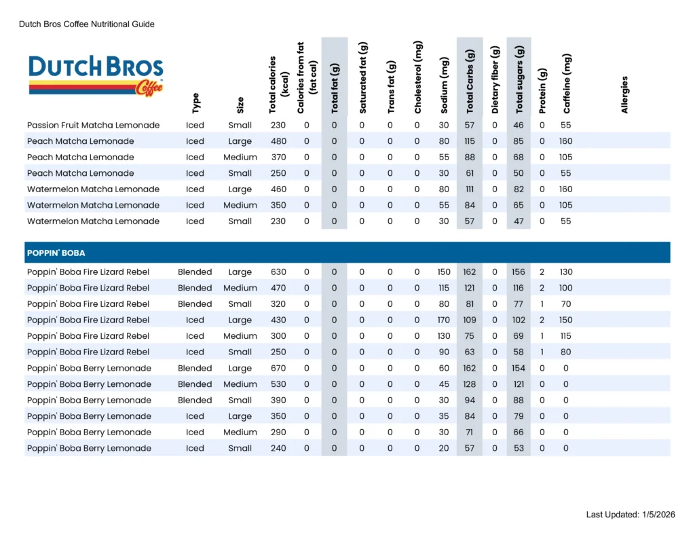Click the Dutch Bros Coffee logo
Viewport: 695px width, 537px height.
pos(96,75)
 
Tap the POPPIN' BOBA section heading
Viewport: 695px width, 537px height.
pos(56,253)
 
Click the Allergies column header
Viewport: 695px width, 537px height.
pos(624,94)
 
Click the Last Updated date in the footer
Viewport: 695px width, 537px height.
pos(631,515)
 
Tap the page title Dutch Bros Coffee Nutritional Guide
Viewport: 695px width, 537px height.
pos(87,24)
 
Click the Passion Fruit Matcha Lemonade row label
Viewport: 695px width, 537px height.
pos(94,125)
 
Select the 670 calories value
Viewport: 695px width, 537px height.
pos(278,368)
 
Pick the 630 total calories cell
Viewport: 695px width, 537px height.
pos(278,272)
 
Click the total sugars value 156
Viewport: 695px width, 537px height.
pos(519,272)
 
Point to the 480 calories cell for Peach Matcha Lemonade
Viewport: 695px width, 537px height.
pos(278,141)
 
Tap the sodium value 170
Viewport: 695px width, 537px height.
pos(444,320)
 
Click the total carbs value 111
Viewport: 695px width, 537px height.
pos(469,189)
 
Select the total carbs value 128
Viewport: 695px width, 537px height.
pos(469,384)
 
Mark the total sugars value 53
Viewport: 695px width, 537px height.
pos(519,448)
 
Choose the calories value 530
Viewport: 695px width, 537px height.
pos(278,384)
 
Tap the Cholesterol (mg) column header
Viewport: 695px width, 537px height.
pos(418,77)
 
